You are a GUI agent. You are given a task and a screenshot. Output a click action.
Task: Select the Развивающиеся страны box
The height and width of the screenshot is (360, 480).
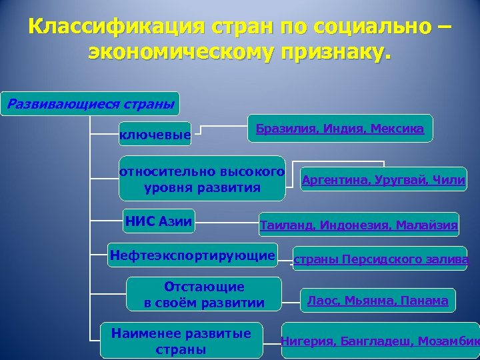tap(89, 104)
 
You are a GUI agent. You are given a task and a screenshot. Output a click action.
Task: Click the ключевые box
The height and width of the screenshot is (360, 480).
tap(155, 136)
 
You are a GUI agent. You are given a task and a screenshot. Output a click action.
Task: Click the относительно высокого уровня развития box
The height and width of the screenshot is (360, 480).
tap(202, 179)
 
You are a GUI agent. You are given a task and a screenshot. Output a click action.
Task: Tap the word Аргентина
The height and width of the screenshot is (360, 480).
tap(333, 179)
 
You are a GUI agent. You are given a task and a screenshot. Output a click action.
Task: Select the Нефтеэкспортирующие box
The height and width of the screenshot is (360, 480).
tap(192, 255)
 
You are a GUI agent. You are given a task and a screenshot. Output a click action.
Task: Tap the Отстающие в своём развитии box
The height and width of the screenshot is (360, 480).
tap(204, 295)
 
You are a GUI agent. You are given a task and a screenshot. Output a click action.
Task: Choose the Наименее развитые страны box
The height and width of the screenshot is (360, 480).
tap(181, 341)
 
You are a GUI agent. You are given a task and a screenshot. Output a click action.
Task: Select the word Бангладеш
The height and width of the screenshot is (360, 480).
tap(375, 341)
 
